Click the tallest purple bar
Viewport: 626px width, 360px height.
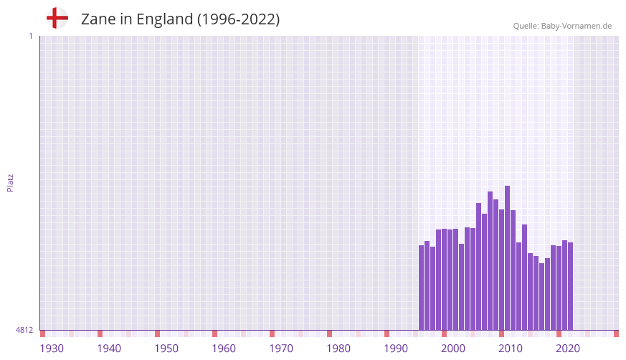pyautogui.click(x=507, y=258)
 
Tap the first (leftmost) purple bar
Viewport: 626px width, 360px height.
pyautogui.click(x=421, y=288)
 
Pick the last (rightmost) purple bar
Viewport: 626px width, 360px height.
pyautogui.click(x=570, y=286)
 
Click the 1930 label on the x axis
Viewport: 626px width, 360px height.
pyautogui.click(x=52, y=349)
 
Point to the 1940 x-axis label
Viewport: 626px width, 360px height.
pyautogui.click(x=109, y=349)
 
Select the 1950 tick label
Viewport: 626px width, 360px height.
pyautogui.click(x=166, y=349)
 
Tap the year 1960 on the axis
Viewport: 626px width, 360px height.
pyautogui.click(x=224, y=349)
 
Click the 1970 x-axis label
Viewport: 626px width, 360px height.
pyautogui.click(x=281, y=349)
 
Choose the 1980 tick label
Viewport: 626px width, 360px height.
pyautogui.click(x=338, y=349)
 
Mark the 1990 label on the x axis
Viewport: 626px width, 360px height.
pyautogui.click(x=396, y=349)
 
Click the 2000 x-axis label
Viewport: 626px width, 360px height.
pyautogui.click(x=453, y=349)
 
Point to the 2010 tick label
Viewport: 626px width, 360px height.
pyautogui.click(x=511, y=349)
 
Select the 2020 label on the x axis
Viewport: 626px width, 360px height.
pyautogui.click(x=568, y=349)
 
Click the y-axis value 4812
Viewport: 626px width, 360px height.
pyautogui.click(x=24, y=331)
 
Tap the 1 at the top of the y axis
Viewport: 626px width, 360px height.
pyautogui.click(x=30, y=36)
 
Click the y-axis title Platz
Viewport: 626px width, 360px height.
pyautogui.click(x=10, y=183)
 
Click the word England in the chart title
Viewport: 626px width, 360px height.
pyautogui.click(x=163, y=19)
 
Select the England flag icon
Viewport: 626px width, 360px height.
pyautogui.click(x=57, y=19)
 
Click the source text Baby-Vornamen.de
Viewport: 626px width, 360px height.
pyautogui.click(x=577, y=26)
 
